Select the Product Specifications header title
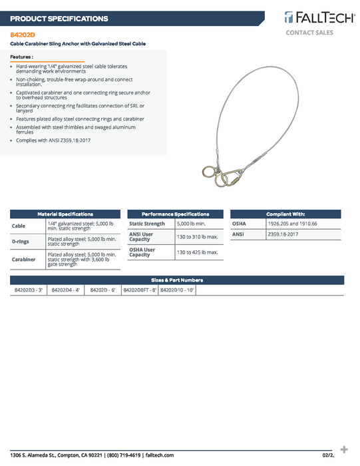pos(59,19)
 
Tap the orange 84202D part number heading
pos(23,33)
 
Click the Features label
pos(21,57)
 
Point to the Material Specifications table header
pos(65,214)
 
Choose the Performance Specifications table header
pos(176,214)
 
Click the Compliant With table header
pos(285,214)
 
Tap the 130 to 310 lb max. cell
pos(198,236)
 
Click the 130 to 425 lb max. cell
pos(198,252)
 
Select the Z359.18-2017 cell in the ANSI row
pos(283,234)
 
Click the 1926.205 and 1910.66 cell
pos(292,224)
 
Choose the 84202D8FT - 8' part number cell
pos(140,290)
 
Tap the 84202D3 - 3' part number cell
pos(28,290)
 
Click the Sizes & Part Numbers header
pos(177,280)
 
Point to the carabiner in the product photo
pos(234,176)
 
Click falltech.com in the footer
pos(159,455)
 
